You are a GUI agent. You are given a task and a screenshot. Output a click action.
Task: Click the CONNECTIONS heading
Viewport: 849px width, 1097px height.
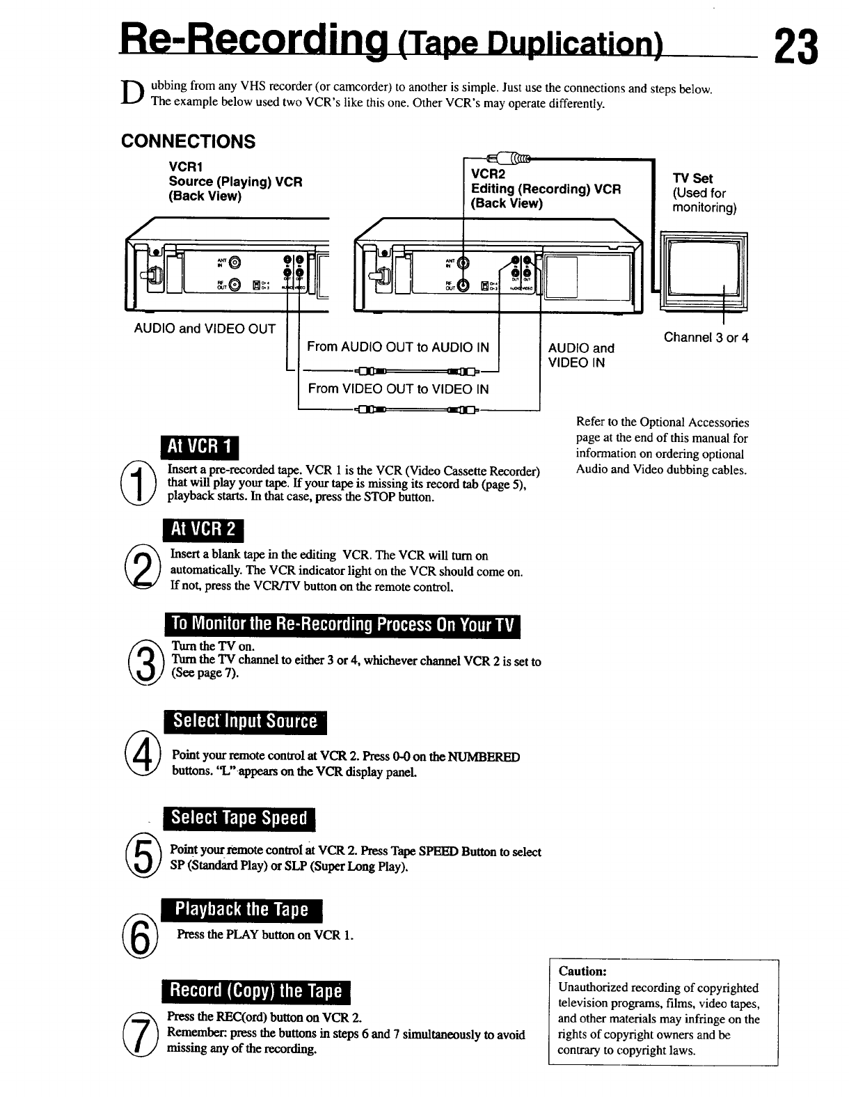(x=188, y=141)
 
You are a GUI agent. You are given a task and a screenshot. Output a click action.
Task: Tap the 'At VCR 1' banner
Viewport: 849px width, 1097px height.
(x=199, y=448)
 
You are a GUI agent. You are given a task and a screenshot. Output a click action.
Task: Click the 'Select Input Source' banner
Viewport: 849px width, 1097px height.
(x=245, y=721)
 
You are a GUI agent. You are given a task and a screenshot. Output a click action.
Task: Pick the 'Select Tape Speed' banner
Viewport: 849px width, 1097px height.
(x=239, y=818)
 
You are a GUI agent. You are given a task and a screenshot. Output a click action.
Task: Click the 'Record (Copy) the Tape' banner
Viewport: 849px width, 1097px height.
(x=256, y=991)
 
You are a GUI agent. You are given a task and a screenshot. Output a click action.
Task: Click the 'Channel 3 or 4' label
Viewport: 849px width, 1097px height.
(x=706, y=338)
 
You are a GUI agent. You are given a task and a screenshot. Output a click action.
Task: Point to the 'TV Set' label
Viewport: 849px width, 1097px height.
(x=692, y=178)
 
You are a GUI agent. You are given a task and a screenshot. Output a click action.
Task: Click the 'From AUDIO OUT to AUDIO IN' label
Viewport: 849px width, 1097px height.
(x=398, y=347)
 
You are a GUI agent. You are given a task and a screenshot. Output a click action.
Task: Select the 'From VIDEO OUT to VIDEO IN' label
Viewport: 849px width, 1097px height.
(x=398, y=389)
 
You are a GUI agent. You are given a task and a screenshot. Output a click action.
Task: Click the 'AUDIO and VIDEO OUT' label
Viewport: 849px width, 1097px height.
(x=205, y=329)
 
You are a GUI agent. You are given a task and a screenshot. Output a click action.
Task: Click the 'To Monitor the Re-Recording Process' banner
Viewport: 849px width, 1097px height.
(x=342, y=626)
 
